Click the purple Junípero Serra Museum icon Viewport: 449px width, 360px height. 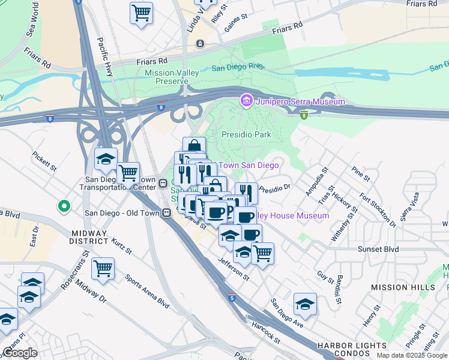point(246,101)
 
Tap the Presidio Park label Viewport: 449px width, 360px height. point(247,135)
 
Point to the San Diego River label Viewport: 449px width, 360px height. point(239,67)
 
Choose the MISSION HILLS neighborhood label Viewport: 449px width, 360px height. point(403,287)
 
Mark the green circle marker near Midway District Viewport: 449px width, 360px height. point(64,207)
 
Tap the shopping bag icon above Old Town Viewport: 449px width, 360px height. point(194,146)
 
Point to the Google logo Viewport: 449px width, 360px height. point(20,353)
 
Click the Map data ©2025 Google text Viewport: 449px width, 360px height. point(411,355)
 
